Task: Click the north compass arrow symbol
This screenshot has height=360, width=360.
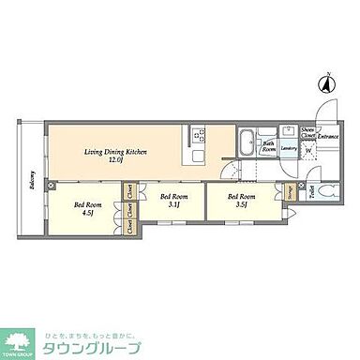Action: [x=327, y=84]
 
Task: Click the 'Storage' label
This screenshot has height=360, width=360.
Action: [x=290, y=193]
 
